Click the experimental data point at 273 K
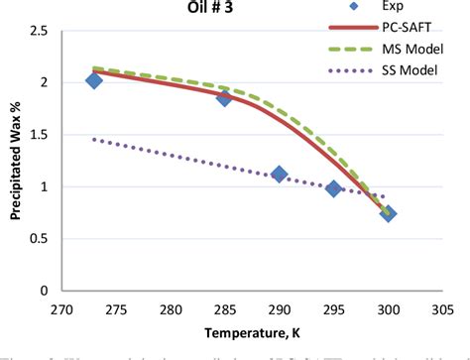[x=94, y=80]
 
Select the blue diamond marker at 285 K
[x=224, y=97]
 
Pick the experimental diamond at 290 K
[x=279, y=174]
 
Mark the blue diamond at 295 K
[x=333, y=188]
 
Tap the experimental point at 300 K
[x=388, y=213]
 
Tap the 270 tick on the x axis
[x=61, y=308]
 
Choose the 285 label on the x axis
[x=224, y=308]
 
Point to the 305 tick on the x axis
[x=441, y=308]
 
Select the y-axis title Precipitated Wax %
[x=15, y=162]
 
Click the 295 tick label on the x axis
[x=333, y=308]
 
